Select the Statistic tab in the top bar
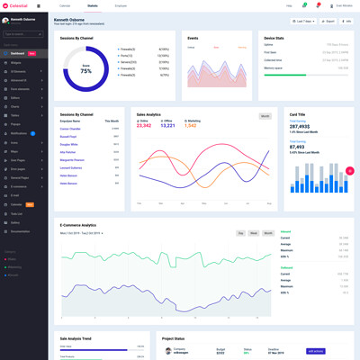[x=93, y=5]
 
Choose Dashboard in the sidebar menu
[x=18, y=54]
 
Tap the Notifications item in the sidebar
[x=20, y=132]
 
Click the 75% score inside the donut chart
[x=85, y=69]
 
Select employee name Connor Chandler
[x=70, y=129]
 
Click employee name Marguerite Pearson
[x=73, y=159]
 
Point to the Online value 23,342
[x=144, y=126]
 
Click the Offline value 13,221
[x=167, y=126]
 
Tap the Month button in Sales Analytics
[x=265, y=116]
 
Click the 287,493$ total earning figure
[x=301, y=127]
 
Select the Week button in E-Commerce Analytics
[x=255, y=233]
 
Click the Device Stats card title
[x=275, y=39]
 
